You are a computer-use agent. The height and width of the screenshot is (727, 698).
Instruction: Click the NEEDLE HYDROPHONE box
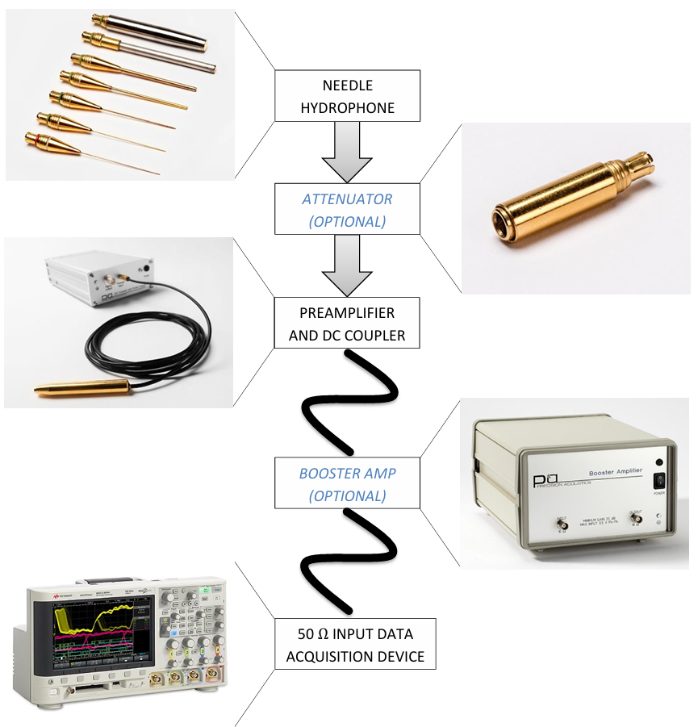(x=347, y=96)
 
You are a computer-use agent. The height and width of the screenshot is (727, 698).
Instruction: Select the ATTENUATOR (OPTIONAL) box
(x=347, y=210)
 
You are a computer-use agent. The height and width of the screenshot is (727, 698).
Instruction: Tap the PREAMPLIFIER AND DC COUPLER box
(x=347, y=323)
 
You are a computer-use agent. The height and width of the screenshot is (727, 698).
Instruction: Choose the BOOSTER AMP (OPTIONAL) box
(x=347, y=483)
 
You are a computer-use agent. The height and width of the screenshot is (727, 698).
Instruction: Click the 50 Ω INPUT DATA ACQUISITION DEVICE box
(x=354, y=645)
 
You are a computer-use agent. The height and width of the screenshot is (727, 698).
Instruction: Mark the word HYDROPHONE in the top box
(x=347, y=107)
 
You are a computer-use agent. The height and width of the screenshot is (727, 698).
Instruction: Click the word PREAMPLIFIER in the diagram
(x=347, y=311)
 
